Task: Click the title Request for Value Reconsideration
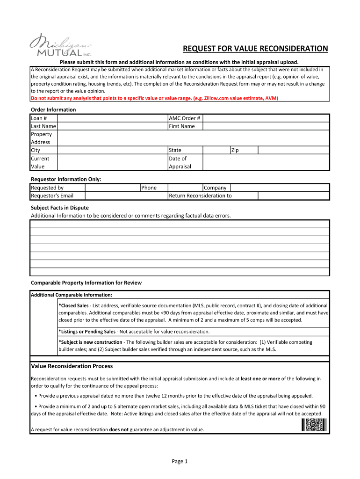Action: click(255, 49)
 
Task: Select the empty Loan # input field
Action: click(112, 118)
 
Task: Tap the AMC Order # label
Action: click(184, 118)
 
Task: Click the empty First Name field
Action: click(266, 126)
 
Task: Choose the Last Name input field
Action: click(112, 126)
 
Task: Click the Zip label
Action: click(235, 150)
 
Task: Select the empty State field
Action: click(216, 150)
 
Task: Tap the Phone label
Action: click(149, 188)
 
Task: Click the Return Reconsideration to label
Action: click(200, 196)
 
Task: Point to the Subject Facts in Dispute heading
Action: click(59, 208)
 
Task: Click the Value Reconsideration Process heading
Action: click(72, 366)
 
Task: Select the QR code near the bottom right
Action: click(314, 425)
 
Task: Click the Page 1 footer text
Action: click(180, 462)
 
